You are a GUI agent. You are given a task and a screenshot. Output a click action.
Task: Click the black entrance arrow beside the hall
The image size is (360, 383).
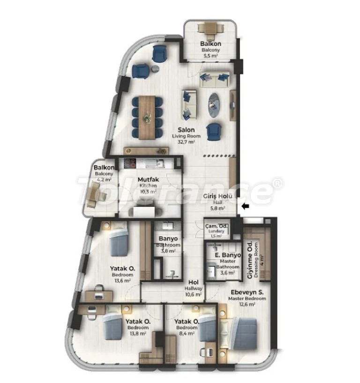coord(245,206)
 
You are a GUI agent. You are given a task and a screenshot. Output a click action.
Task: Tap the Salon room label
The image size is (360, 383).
coord(187,130)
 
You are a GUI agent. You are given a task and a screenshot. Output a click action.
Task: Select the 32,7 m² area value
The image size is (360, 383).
coord(187,142)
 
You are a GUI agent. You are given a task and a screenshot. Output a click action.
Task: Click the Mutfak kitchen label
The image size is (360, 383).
coord(148,179)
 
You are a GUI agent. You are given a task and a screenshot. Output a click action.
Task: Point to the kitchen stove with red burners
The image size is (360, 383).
coord(130,163)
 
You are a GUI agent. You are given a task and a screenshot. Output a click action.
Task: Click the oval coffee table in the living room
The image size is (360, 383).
coord(215,105)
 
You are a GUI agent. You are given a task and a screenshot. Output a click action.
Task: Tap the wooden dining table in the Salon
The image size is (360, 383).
coord(147,118)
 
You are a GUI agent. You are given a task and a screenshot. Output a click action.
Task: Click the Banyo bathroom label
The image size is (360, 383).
coord(168,238)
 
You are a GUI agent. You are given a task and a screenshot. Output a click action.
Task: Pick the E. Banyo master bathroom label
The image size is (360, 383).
coord(228,255)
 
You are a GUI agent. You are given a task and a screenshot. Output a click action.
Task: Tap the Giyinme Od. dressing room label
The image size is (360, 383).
coord(250,260)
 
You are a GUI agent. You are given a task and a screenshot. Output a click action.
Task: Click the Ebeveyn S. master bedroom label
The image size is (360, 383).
coord(247,292)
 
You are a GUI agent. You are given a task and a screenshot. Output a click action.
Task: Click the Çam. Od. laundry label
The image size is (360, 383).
coord(217,226)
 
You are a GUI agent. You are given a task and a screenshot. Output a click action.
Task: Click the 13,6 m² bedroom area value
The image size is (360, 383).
coord(122,280)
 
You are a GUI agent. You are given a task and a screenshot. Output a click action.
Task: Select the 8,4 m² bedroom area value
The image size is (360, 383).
coord(187,333)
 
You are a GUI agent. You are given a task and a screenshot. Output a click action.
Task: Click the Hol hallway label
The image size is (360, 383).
coord(193,282)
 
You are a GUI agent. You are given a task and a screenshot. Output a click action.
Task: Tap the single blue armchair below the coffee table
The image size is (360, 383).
coord(214,132)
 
